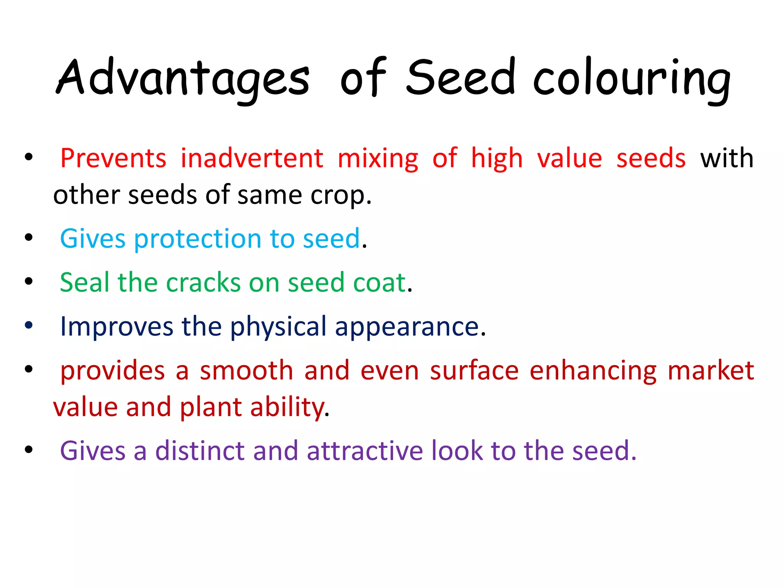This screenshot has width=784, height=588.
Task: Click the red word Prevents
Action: click(x=113, y=158)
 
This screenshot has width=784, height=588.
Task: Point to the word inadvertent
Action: click(x=252, y=158)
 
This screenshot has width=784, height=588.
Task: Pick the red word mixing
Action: click(x=378, y=159)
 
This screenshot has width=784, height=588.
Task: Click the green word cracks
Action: click(x=203, y=283)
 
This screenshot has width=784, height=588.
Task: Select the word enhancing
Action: click(x=593, y=371)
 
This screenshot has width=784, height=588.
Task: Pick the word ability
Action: click(x=287, y=407)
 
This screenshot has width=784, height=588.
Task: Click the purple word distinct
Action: click(x=200, y=451)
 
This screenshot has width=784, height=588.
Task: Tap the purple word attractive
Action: click(x=364, y=451)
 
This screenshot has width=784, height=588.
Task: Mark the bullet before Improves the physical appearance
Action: click(x=29, y=325)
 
